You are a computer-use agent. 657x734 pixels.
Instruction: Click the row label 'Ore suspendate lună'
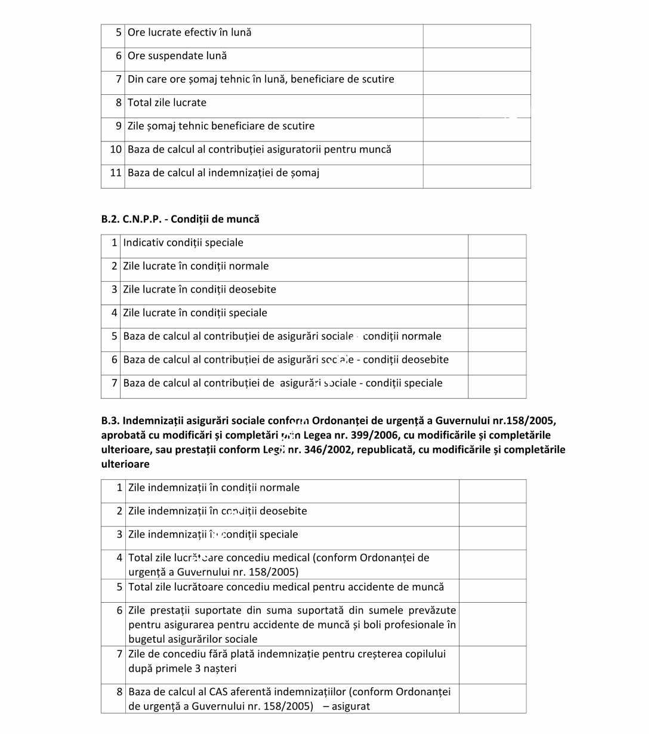tap(177, 56)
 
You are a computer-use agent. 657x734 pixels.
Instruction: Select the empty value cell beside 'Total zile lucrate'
tap(476, 103)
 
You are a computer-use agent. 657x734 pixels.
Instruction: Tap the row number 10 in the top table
tap(116, 150)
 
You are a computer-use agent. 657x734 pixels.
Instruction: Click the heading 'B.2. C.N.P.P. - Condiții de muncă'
tap(180, 219)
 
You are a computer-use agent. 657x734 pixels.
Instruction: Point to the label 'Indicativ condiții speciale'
tap(183, 243)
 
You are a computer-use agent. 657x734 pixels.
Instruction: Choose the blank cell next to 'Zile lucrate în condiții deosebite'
tap(496, 290)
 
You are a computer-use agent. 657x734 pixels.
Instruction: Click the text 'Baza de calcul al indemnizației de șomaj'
tap(223, 173)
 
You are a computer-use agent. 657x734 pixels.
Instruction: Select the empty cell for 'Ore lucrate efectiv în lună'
tap(476, 33)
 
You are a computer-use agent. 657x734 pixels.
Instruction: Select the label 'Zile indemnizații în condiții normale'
tap(214, 488)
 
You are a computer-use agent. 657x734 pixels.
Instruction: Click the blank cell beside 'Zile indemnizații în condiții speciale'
tap(492, 535)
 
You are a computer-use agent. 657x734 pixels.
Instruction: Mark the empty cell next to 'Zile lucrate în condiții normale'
tap(496, 267)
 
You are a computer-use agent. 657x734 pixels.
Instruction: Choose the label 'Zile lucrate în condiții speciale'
tap(195, 313)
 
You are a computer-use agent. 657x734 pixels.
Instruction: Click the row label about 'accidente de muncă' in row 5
tap(286, 587)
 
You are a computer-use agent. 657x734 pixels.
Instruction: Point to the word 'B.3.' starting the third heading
tap(110, 421)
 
